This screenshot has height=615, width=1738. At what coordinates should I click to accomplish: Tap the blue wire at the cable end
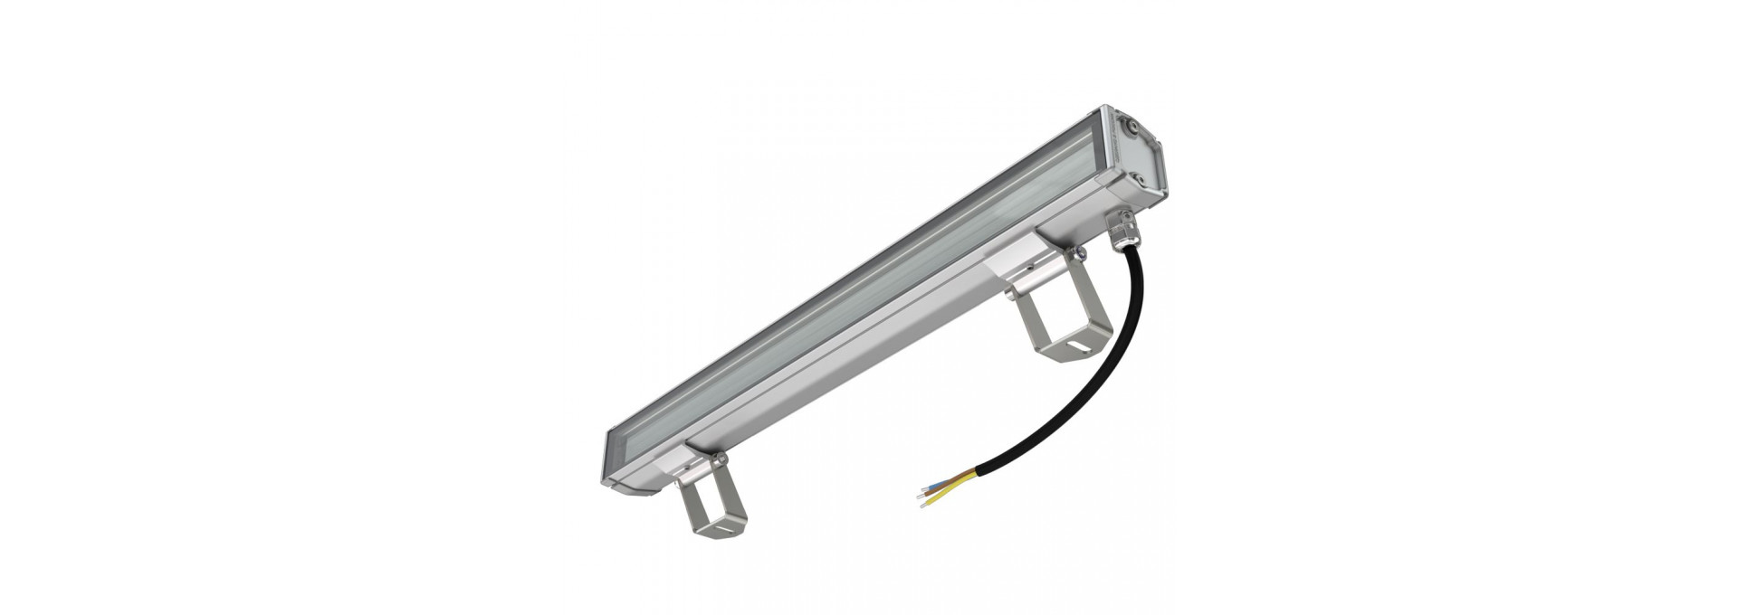point(936,486)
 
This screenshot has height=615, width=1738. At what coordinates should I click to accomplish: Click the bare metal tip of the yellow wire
point(922,506)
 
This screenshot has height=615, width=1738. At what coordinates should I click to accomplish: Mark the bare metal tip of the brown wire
point(919,497)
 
